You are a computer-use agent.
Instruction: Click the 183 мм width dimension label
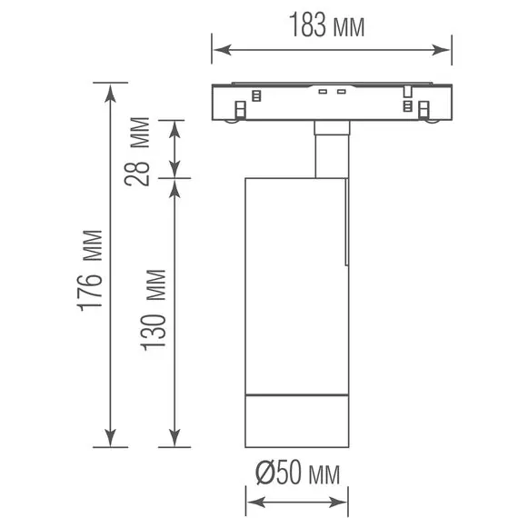pos(328,26)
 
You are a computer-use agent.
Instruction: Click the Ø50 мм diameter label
pos(296,473)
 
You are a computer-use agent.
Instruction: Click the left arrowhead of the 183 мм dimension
pos(218,51)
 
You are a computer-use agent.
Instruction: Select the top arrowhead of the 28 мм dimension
pos(175,125)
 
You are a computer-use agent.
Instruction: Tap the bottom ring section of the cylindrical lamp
pos(296,422)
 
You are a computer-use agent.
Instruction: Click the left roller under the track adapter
pos(239,110)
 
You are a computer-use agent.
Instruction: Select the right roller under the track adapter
pos(423,110)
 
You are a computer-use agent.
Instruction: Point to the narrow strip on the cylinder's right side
pos(347,223)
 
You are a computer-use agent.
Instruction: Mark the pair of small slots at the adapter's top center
pos(332,91)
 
